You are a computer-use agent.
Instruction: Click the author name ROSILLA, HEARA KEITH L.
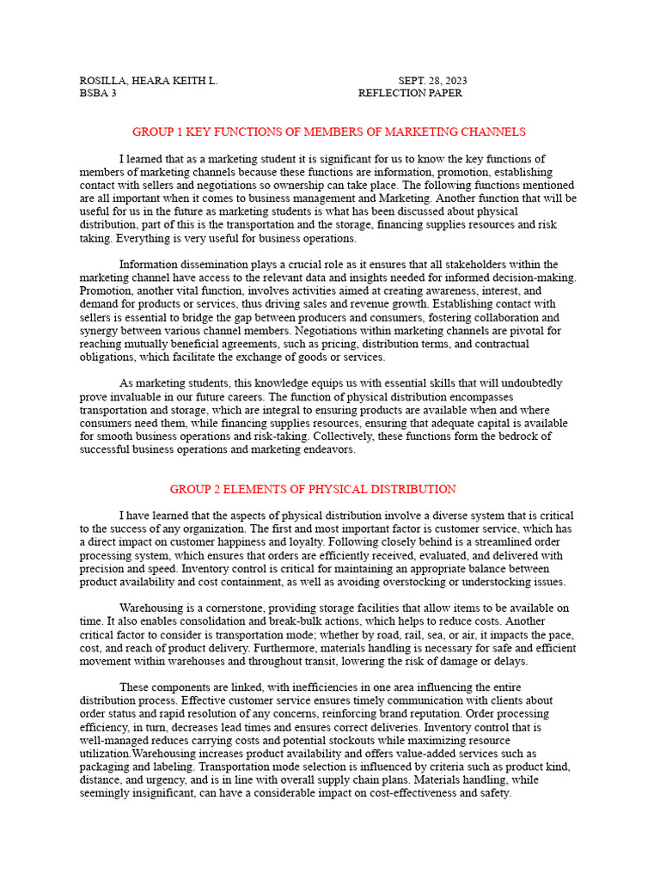(x=149, y=81)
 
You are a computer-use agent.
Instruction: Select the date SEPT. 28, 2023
(x=432, y=81)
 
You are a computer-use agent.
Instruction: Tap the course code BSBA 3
(x=98, y=93)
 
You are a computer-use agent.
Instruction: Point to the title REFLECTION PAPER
(x=410, y=93)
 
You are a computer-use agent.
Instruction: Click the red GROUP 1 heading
(x=329, y=131)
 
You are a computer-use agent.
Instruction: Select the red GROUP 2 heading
(x=313, y=489)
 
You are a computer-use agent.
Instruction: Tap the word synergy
(x=99, y=318)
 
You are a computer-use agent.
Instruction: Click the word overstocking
(x=442, y=582)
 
